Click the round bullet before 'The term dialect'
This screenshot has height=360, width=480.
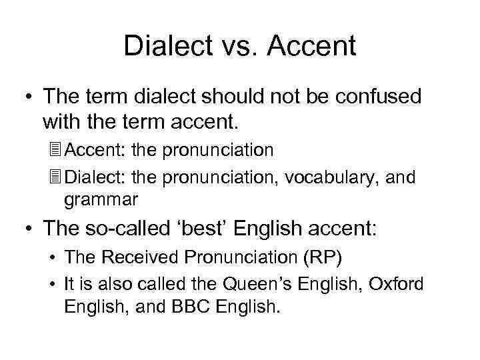(27, 97)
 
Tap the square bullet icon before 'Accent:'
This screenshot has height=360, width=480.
(55, 149)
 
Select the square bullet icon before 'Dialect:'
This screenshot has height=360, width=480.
(55, 177)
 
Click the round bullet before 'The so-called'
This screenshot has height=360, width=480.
(27, 229)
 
